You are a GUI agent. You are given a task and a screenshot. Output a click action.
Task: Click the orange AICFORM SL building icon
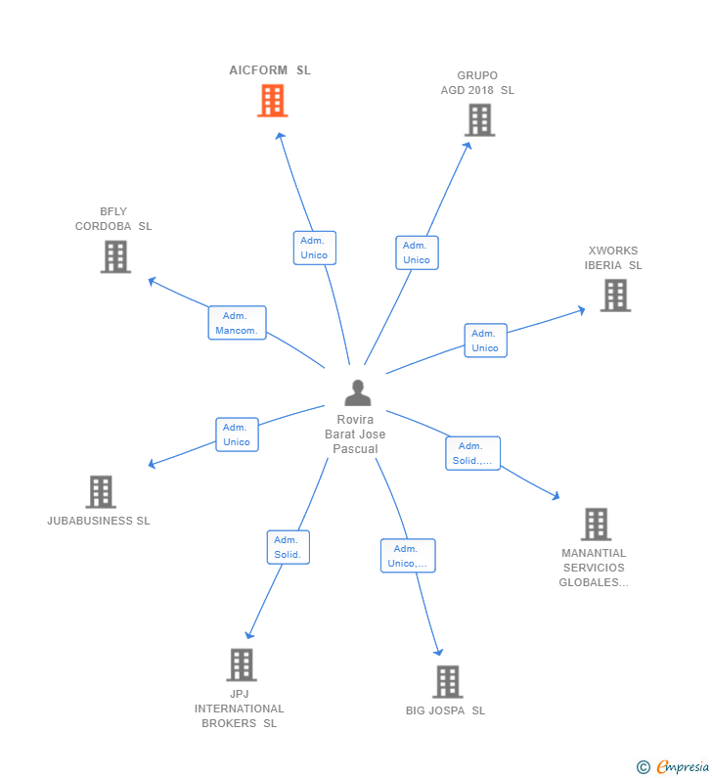(272, 101)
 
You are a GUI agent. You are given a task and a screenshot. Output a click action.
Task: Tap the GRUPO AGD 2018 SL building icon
(479, 120)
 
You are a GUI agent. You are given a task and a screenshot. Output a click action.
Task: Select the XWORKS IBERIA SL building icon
(615, 296)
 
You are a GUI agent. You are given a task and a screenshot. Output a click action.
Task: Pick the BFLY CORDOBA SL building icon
(115, 256)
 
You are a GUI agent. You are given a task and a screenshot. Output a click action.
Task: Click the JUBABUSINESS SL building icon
(101, 492)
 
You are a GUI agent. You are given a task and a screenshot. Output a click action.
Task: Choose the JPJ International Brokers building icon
(241, 664)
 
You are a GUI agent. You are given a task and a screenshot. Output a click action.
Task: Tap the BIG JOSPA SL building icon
(447, 681)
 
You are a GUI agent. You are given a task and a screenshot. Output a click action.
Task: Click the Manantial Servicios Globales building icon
(596, 525)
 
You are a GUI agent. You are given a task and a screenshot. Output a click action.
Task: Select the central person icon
(358, 393)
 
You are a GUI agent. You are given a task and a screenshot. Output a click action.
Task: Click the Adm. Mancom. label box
(237, 323)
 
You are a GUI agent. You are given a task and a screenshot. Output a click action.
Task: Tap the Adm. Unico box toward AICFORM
(314, 248)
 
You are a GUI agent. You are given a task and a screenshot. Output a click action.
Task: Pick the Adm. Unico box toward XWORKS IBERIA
(485, 341)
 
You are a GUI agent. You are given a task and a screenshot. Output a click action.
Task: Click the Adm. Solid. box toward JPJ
(288, 547)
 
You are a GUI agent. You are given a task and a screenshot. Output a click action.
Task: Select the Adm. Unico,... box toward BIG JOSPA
(408, 556)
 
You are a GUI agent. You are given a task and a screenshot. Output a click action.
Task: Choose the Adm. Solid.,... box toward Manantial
(472, 453)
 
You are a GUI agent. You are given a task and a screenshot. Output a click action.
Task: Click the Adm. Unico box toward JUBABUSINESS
(237, 435)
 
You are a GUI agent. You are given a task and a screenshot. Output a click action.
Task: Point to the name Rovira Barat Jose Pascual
(355, 435)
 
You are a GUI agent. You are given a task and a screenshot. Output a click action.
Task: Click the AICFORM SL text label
(270, 70)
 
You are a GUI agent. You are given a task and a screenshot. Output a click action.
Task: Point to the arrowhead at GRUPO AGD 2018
(468, 145)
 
